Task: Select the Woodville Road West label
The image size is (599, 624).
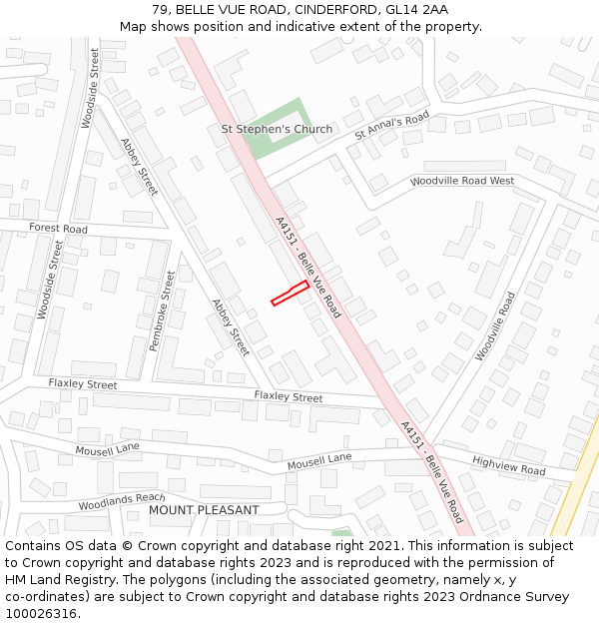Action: [462, 182]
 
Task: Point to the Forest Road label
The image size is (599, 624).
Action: [58, 229]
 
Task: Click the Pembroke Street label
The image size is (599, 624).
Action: [161, 311]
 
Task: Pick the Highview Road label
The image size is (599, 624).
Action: [509, 465]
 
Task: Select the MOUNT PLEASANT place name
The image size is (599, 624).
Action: [204, 510]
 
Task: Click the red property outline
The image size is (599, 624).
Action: [290, 293]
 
